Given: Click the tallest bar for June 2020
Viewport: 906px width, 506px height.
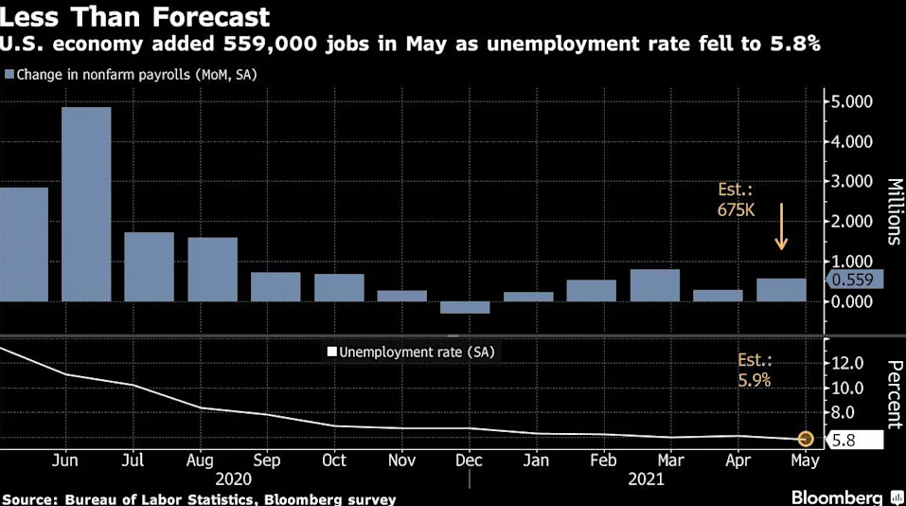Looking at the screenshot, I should tap(86, 204).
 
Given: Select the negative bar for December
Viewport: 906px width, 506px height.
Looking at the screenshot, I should tap(465, 307).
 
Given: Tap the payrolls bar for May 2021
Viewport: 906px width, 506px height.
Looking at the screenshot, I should tap(781, 290).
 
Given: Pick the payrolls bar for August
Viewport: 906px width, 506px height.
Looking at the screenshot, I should tap(212, 269).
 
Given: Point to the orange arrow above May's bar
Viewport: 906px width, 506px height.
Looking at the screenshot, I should tap(781, 226).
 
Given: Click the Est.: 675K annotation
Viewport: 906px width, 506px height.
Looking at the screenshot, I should tap(737, 200).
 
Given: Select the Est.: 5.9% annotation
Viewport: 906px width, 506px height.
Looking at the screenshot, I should tap(755, 370).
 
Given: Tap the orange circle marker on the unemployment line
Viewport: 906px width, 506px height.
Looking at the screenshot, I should tap(806, 439).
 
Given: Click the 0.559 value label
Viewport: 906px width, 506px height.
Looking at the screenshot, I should tap(855, 280).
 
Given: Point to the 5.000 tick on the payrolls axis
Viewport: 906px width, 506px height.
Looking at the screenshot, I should tap(853, 101).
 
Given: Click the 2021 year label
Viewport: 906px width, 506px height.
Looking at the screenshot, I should tap(647, 479).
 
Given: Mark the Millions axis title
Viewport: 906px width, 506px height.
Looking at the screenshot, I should tap(893, 211).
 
